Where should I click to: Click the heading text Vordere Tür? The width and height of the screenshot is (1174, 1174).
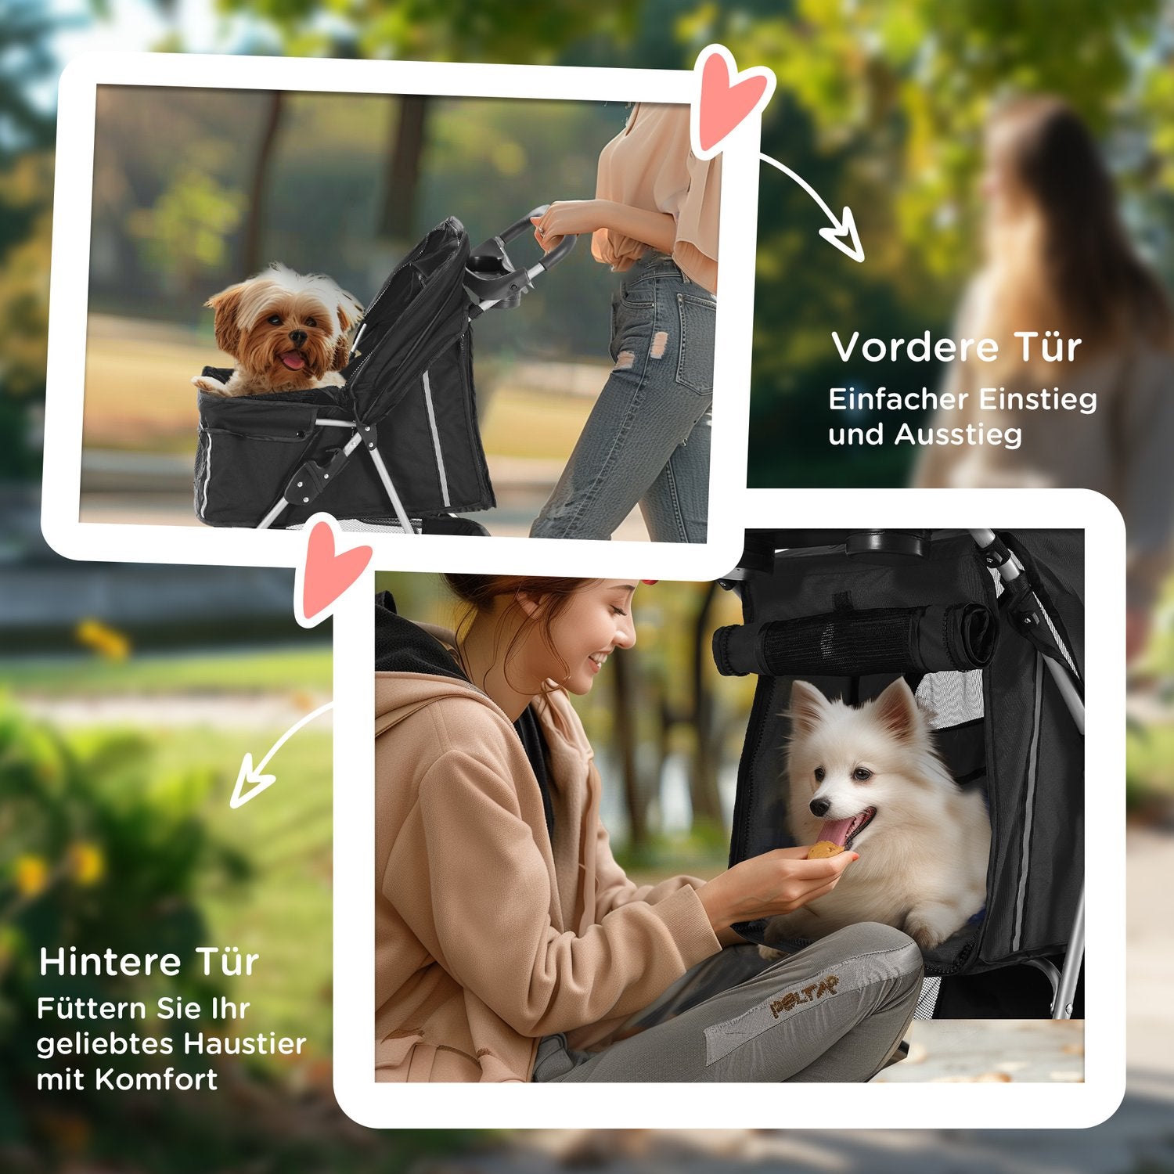coord(956,347)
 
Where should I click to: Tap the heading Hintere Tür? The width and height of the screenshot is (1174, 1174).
coord(149,962)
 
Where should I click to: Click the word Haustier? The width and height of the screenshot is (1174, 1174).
coord(244,1044)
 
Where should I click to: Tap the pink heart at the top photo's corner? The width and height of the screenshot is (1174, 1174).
coord(727,99)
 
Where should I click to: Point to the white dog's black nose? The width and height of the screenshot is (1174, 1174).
coord(818,807)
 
